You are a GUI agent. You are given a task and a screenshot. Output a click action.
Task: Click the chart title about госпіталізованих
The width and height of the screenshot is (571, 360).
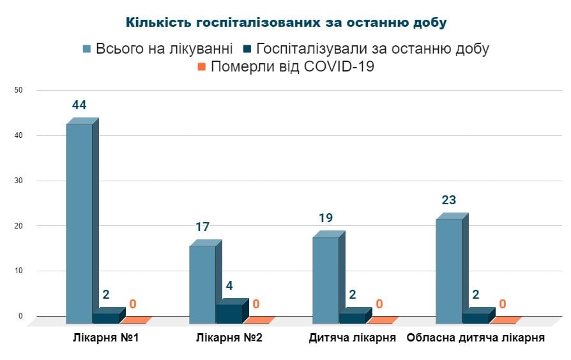285,22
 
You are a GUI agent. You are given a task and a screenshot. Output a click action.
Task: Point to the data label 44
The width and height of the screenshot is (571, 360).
79,105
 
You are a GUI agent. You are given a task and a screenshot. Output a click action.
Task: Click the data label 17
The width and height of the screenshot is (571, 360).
202,227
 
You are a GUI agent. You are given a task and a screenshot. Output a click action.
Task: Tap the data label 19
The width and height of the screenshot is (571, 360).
326,218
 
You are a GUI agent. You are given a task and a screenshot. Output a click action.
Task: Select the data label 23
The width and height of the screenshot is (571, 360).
448,200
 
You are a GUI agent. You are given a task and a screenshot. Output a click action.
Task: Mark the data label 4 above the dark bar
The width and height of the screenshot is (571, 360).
229,285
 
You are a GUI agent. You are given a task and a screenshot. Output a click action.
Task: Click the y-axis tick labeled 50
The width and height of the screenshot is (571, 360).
19,91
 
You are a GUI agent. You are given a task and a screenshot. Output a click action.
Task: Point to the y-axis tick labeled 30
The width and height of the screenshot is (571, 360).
19,181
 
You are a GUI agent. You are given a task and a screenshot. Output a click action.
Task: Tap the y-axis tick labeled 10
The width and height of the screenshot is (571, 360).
19,271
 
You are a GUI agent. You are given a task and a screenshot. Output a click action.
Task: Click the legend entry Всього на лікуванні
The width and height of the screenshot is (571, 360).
158,49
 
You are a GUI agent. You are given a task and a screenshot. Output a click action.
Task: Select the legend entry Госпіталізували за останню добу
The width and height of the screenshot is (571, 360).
365,49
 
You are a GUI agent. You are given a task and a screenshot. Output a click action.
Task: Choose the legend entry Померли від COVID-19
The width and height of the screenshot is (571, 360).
285,67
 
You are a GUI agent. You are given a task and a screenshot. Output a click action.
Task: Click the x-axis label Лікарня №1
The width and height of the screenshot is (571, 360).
107,338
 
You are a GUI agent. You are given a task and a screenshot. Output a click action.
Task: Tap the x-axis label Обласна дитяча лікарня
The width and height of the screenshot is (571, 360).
475,338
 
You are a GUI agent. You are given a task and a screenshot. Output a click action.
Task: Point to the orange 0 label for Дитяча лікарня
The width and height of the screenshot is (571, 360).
379,304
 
